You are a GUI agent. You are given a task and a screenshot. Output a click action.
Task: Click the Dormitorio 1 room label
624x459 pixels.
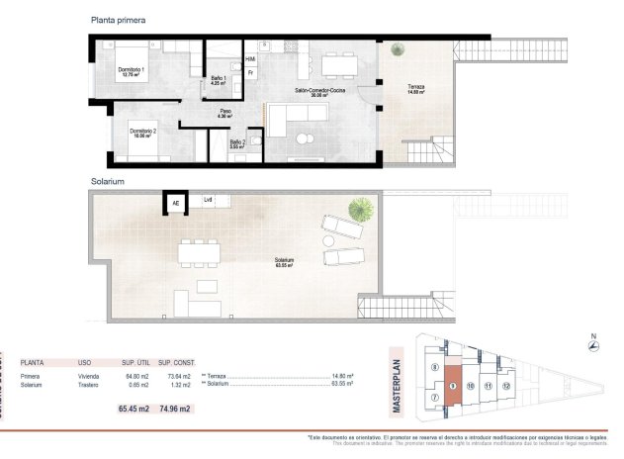point(132,71)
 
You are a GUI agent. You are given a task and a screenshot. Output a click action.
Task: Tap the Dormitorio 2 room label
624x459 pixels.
point(145,134)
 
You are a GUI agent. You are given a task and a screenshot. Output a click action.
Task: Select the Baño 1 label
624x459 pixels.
point(220,81)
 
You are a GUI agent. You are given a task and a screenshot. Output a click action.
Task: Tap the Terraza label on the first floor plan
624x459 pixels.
point(416,89)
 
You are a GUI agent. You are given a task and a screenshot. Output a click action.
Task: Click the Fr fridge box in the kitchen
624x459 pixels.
point(251,72)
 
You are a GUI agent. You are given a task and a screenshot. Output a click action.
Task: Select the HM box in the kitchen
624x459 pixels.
point(250,59)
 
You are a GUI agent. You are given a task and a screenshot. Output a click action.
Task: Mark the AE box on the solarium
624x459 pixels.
point(176,204)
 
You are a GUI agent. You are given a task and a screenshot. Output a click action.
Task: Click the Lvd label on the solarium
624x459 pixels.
point(209,201)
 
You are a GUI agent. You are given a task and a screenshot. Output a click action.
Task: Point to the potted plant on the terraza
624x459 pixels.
point(396,51)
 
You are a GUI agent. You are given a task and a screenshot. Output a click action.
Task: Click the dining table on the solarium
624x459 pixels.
point(199,252)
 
